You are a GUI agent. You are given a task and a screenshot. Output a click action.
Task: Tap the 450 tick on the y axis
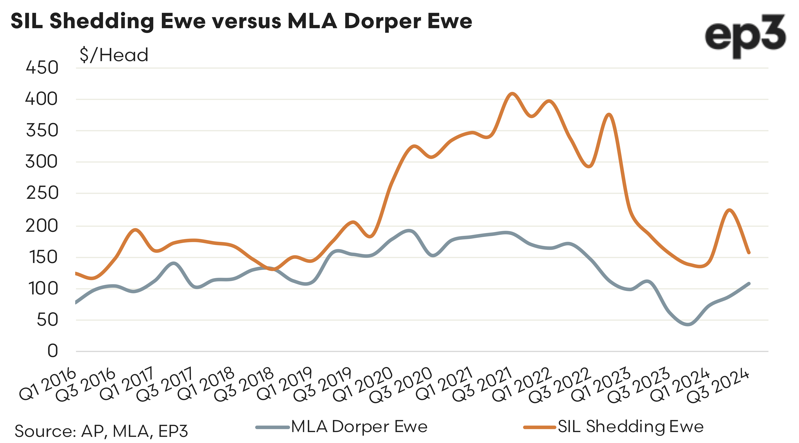pos(42,68)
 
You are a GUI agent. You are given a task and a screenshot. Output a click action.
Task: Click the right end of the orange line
pos(749,253)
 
